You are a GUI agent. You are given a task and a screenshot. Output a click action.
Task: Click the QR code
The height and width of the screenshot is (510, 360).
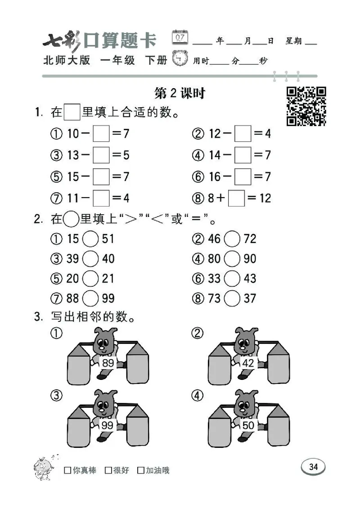(x=306, y=106)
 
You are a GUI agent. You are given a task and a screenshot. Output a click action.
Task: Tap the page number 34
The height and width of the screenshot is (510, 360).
(x=313, y=467)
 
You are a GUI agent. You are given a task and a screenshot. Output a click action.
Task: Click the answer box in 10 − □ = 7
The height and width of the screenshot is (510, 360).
(x=101, y=134)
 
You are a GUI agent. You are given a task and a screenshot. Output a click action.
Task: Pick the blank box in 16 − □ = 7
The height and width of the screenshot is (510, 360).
(x=243, y=177)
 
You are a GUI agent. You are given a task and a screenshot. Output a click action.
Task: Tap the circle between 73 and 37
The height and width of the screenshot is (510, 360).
(x=232, y=298)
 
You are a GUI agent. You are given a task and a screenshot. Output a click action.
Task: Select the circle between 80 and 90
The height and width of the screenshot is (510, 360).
(x=232, y=258)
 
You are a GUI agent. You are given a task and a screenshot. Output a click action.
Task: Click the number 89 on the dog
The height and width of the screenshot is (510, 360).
(x=108, y=363)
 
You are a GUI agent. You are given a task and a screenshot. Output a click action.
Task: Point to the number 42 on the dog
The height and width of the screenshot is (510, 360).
(x=248, y=363)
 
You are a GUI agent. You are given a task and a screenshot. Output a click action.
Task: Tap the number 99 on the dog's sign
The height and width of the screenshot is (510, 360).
(x=108, y=425)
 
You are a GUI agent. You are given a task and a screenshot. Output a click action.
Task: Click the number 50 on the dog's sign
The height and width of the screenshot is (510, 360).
(x=248, y=425)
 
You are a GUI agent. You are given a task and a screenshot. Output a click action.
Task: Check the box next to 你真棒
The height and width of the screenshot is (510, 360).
(x=67, y=470)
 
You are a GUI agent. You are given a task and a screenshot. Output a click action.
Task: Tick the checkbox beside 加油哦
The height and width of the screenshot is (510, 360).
(x=141, y=470)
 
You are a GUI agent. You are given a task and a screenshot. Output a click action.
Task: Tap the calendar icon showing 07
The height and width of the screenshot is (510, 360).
(x=180, y=37)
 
